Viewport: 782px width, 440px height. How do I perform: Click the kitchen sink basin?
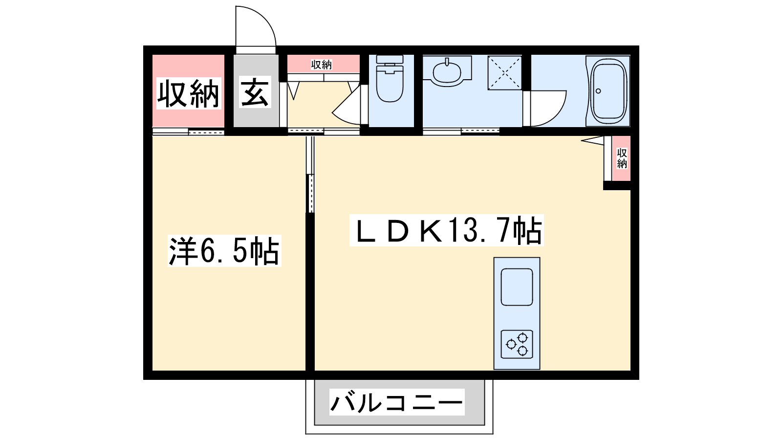tap(517, 286)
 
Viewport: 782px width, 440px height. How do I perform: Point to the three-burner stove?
tap(517, 344)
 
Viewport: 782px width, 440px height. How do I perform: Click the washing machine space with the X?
tap(505, 72)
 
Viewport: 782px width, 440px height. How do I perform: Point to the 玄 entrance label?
tap(255, 93)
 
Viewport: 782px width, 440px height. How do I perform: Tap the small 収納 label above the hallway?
tap(322, 65)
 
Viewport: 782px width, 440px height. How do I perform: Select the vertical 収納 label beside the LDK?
tap(622, 158)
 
